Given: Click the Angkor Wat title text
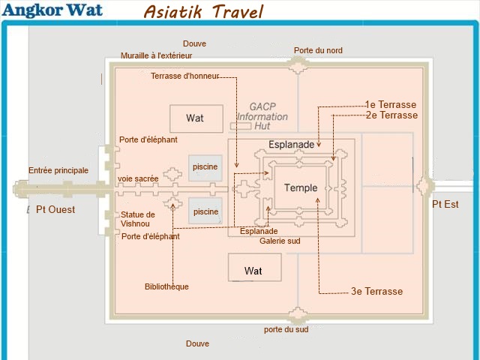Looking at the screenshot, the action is click(x=52, y=10).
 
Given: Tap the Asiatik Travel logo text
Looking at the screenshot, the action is click(x=203, y=12).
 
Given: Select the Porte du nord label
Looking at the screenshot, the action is click(x=318, y=50).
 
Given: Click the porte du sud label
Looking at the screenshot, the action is click(x=286, y=330).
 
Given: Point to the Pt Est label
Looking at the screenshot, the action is click(x=445, y=204).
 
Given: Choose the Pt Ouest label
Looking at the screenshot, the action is click(x=55, y=210).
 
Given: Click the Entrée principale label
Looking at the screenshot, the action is click(x=58, y=170).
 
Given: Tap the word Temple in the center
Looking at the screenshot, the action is click(x=301, y=187).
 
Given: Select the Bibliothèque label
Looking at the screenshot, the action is click(x=166, y=286).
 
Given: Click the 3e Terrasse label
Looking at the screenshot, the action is click(x=376, y=291).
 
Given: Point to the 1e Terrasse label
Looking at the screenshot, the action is click(x=391, y=105).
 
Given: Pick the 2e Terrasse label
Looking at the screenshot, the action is click(x=391, y=115).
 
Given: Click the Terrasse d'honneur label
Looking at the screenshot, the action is click(x=185, y=76).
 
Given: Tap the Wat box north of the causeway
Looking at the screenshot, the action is click(x=196, y=118).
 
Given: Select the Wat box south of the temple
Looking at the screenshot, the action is click(x=255, y=267).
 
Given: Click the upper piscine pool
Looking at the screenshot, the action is click(x=205, y=168).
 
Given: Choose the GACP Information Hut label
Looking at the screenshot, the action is click(x=262, y=116).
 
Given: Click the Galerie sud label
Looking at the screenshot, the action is click(x=280, y=241).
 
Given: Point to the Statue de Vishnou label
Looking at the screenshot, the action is click(x=137, y=219).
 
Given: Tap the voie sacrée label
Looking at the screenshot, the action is click(x=138, y=178).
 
